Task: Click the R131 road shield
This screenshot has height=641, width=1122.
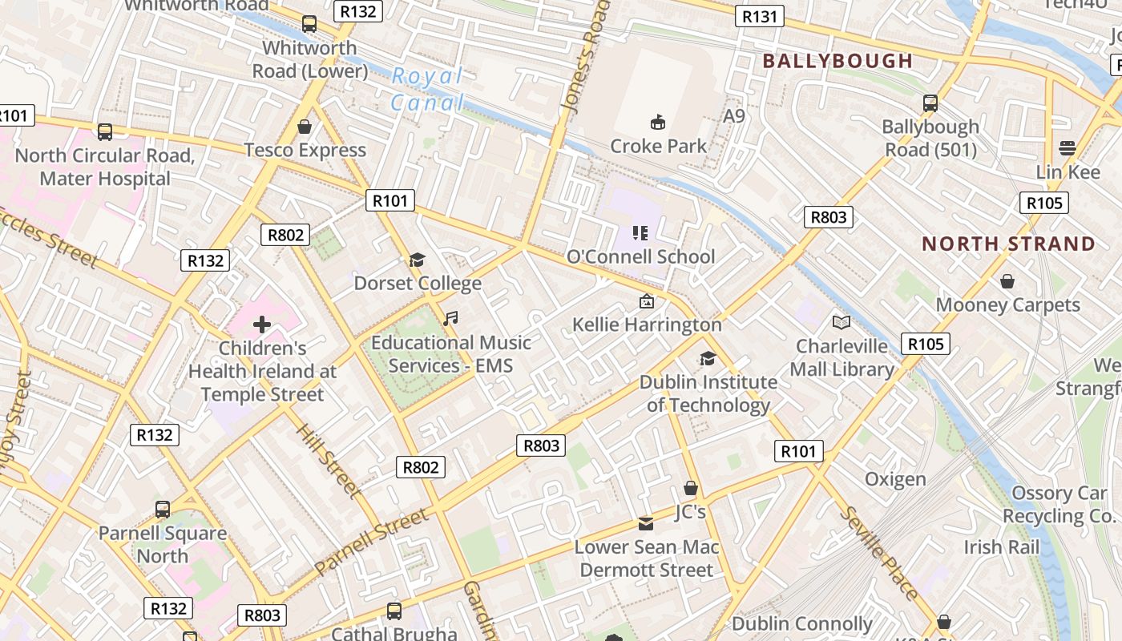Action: pyautogui.click(x=759, y=16)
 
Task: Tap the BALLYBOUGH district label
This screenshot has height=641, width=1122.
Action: pyautogui.click(x=837, y=61)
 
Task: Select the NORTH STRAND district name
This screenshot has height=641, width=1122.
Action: pyautogui.click(x=1008, y=244)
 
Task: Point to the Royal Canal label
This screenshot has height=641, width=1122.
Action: pyautogui.click(x=427, y=89)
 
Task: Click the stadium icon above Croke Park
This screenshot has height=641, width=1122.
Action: pyautogui.click(x=658, y=122)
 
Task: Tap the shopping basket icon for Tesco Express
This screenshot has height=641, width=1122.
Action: pyautogui.click(x=305, y=127)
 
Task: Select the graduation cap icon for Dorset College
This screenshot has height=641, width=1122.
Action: pyautogui.click(x=417, y=260)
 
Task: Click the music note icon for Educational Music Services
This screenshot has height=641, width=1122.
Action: pyautogui.click(x=450, y=319)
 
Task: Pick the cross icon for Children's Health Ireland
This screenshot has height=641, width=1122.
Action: pyautogui.click(x=262, y=325)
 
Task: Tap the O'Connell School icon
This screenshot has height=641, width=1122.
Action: pyautogui.click(x=640, y=233)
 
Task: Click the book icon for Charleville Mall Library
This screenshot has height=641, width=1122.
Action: pyautogui.click(x=841, y=322)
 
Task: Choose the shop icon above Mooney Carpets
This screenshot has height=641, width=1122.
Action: pyautogui.click(x=1007, y=281)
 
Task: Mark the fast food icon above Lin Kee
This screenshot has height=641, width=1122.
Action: pyautogui.click(x=1067, y=148)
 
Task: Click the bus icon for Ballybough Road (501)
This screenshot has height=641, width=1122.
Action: pyautogui.click(x=930, y=103)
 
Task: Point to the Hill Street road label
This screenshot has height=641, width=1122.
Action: pyautogui.click(x=328, y=460)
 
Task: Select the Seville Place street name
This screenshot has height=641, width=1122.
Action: pyautogui.click(x=879, y=554)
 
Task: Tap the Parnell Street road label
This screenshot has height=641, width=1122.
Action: pyautogui.click(x=372, y=542)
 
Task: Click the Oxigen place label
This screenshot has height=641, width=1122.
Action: pyautogui.click(x=895, y=479)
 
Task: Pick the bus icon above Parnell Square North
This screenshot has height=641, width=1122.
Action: pyautogui.click(x=163, y=509)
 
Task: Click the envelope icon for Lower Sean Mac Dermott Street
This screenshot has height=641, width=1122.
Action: pyautogui.click(x=645, y=524)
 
